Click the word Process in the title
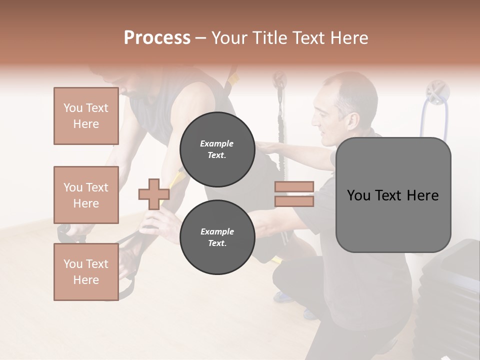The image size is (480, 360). (x=157, y=37)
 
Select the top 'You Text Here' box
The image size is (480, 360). (x=86, y=116)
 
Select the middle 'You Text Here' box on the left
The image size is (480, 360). (x=86, y=195)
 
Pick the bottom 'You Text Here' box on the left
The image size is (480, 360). (x=86, y=271)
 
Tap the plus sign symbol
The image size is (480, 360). (x=153, y=194)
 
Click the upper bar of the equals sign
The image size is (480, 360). (x=294, y=186)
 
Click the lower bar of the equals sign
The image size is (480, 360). (x=294, y=201)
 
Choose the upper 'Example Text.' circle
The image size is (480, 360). (x=217, y=149)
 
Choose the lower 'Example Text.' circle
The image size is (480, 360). (x=217, y=237)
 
